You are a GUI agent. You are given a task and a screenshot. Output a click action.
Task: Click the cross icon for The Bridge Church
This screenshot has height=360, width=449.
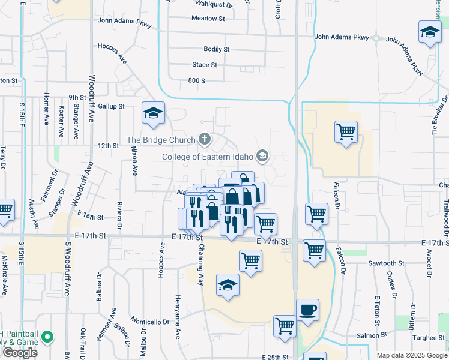click(205, 140)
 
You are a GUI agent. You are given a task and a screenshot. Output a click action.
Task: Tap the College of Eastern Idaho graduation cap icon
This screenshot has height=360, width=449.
click(262, 157)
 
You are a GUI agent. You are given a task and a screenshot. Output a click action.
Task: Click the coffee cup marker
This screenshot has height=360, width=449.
click(307, 310)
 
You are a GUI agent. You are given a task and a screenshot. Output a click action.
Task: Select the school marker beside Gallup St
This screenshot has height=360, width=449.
click(153, 113)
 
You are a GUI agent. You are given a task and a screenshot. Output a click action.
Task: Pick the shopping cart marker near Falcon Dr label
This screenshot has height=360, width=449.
click(346, 132)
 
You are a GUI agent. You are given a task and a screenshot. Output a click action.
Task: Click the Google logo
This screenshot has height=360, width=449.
click(20, 353)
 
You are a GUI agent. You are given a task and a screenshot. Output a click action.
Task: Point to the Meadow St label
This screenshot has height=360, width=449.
click(208, 19)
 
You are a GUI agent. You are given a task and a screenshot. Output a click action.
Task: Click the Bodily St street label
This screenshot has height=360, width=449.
click(217, 49)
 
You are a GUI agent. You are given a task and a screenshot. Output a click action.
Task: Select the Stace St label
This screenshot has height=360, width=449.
click(205, 65)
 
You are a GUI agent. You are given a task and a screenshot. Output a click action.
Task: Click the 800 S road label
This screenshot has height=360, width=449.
click(197, 80)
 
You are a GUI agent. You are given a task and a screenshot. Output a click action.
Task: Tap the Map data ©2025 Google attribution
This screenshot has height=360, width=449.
click(412, 355)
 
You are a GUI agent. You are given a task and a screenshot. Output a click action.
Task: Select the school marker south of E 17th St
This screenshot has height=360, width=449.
click(228, 286)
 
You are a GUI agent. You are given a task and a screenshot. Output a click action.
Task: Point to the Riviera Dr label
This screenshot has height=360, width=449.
click(120, 215)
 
